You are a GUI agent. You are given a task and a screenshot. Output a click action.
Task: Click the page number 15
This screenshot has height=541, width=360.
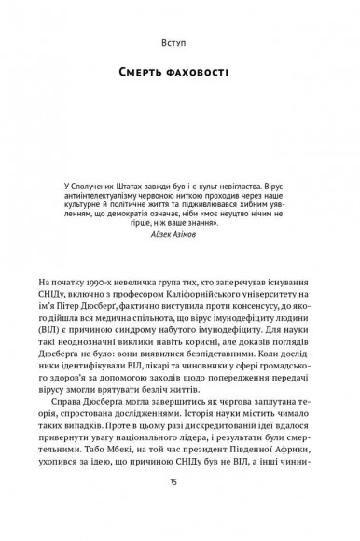180,506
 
